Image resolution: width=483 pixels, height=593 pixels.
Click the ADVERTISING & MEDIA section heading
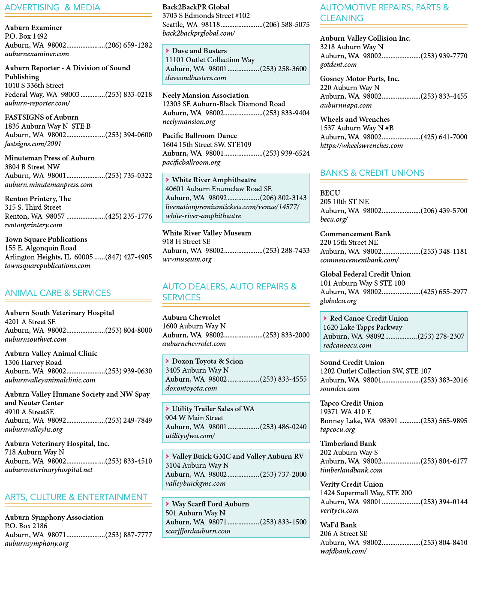[52, 8]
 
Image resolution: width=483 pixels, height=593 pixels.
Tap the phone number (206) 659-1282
[129, 45]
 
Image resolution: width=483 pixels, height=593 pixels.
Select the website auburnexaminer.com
[37, 54]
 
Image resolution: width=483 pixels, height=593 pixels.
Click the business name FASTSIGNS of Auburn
[42, 117]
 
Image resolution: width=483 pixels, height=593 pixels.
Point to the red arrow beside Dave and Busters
[168, 51]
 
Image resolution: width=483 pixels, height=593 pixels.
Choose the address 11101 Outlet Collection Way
[210, 60]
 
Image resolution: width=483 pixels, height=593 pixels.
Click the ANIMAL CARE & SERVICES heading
[57, 293]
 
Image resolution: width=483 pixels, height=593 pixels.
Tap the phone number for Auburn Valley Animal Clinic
[129, 371]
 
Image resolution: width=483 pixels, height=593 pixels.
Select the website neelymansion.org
[189, 122]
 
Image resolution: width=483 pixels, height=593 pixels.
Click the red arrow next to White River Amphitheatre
[168, 180]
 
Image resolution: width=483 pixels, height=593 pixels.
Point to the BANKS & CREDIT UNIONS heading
[372, 173]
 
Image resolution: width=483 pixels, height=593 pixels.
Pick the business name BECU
[330, 193]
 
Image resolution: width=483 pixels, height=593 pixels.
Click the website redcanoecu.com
[347, 345]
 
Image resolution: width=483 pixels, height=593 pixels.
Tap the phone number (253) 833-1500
[283, 522]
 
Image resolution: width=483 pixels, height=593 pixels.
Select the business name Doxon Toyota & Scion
[207, 361]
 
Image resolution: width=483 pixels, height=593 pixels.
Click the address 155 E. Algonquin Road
[41, 248]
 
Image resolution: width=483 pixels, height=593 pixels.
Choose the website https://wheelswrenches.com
[361, 146]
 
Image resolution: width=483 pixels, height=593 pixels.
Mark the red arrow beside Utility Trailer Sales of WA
[168, 409]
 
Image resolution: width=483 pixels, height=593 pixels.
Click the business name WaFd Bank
[338, 525]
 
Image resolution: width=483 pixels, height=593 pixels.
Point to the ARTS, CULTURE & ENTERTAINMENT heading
[76, 497]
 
